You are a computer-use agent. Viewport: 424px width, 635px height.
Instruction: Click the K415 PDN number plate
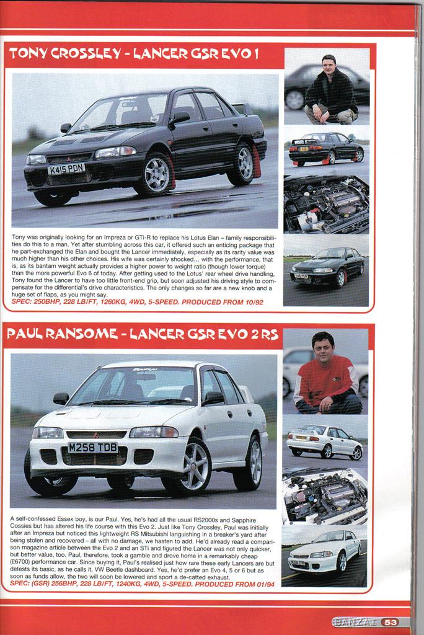tap(66, 169)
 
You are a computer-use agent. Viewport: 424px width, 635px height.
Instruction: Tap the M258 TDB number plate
tap(92, 447)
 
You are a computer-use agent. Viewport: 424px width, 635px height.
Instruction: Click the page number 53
tap(390, 623)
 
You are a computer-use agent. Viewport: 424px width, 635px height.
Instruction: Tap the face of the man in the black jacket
tap(329, 65)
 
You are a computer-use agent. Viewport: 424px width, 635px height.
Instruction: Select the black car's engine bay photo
tap(326, 204)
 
